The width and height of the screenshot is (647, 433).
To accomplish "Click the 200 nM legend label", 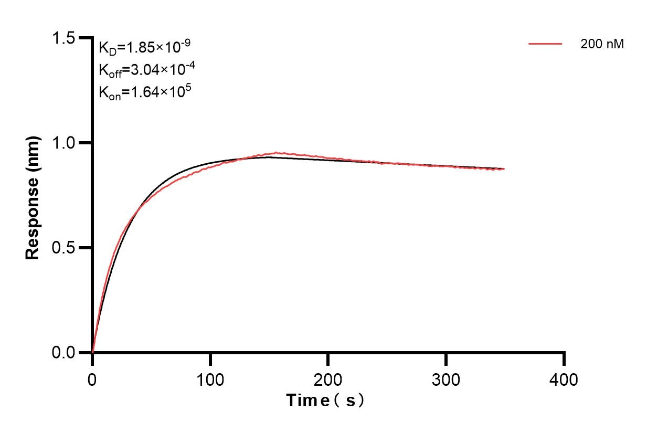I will (602, 45).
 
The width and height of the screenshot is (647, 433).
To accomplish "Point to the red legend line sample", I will (545, 44).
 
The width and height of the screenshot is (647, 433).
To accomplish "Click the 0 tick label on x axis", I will (92, 379).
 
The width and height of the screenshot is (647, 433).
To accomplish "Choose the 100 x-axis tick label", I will (210, 379).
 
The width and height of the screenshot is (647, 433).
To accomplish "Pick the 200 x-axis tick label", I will (328, 379).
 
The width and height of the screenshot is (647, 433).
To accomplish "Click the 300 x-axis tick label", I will (446, 379).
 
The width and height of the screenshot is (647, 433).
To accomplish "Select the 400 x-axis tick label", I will (564, 379).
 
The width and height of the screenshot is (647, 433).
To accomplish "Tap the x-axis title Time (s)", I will (325, 401).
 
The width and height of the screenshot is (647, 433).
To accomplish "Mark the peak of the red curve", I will (277, 153).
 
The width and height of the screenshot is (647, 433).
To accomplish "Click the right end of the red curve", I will (504, 169).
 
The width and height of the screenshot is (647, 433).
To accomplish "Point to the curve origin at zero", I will (93, 352).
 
